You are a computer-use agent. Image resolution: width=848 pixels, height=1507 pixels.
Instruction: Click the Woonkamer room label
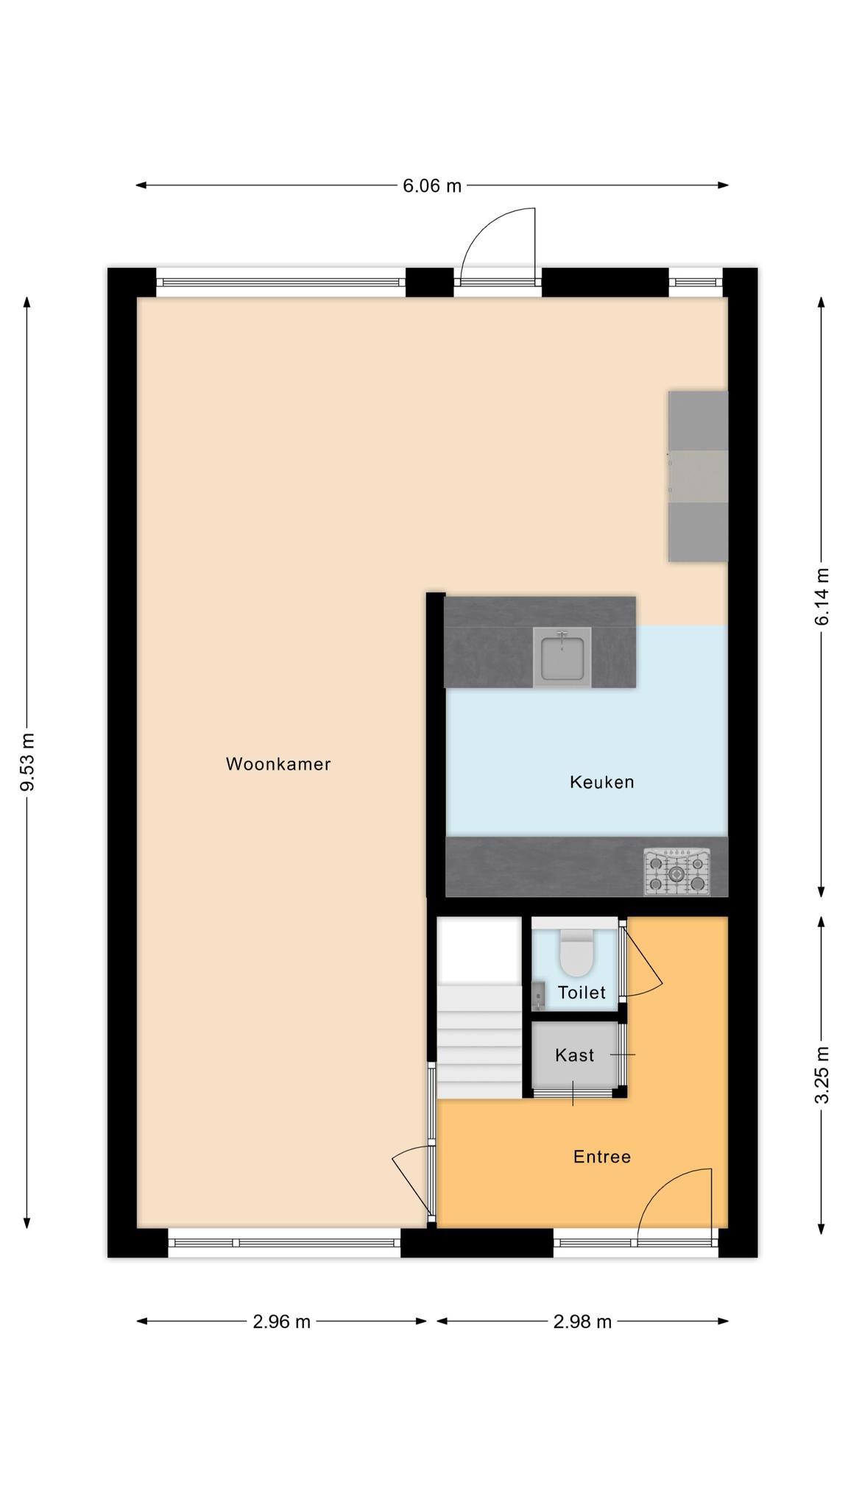click(x=278, y=764)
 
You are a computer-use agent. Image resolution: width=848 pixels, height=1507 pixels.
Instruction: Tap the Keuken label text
click(x=601, y=781)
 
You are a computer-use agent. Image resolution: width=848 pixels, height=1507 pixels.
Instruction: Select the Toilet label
click(x=582, y=992)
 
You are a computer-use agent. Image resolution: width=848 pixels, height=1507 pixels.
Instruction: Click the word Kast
click(x=574, y=1055)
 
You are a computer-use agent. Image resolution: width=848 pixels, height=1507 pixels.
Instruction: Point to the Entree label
click(x=602, y=1157)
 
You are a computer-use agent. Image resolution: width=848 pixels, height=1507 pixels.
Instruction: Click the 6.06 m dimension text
click(x=432, y=185)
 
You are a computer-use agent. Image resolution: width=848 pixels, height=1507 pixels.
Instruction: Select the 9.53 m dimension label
click(x=27, y=762)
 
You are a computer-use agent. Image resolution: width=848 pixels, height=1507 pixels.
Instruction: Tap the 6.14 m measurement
click(x=822, y=597)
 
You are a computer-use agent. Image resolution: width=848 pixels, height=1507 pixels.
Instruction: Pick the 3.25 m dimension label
click(x=822, y=1075)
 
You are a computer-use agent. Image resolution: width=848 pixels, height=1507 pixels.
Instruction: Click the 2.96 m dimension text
click(x=282, y=1322)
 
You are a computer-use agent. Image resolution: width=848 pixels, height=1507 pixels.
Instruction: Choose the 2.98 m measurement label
click(x=582, y=1322)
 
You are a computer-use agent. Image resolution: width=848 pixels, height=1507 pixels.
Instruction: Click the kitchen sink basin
click(x=562, y=658)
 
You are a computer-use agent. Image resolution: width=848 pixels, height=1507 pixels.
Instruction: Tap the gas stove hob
click(x=677, y=873)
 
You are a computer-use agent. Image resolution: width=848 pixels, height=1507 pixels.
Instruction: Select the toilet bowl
click(x=576, y=952)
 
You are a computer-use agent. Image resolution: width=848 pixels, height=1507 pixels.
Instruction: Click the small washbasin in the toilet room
click(x=538, y=996)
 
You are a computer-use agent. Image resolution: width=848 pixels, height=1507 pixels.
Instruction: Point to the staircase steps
click(x=479, y=1042)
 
